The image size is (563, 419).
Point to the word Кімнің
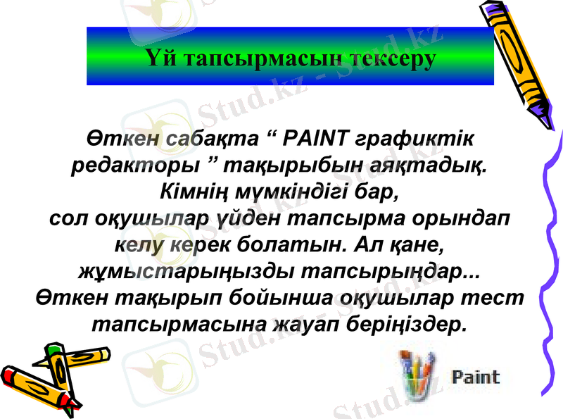194,192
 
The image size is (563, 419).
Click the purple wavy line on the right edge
552,268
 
